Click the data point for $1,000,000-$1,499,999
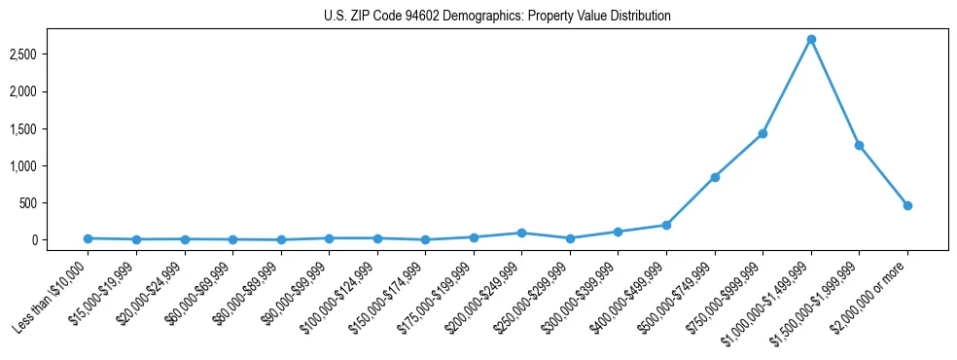(811, 40)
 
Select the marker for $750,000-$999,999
(762, 133)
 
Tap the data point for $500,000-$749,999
(715, 177)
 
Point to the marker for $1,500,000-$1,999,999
(859, 145)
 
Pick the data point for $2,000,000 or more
(907, 205)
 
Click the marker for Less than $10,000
(88, 238)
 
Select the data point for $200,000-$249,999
(521, 233)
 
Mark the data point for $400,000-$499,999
(666, 225)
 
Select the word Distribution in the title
(639, 17)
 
